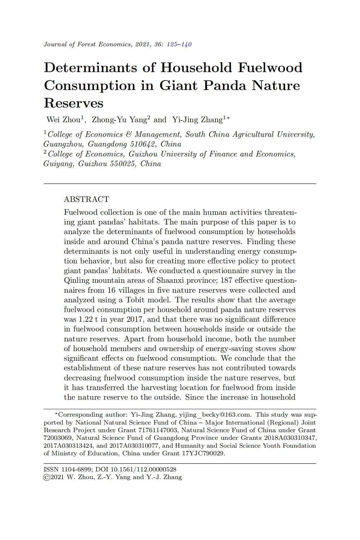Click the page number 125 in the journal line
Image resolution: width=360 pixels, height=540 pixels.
(x=172, y=44)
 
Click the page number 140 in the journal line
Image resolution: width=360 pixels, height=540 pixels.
(x=186, y=44)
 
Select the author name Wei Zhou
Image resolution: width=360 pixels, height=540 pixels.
(x=63, y=120)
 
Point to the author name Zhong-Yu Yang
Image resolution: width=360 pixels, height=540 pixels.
(x=119, y=120)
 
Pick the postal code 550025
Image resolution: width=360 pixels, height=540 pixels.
(x=123, y=164)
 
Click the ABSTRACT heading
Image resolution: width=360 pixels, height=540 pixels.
(x=86, y=199)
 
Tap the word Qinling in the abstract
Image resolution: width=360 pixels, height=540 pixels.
(x=77, y=280)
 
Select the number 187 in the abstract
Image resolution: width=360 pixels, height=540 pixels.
(x=226, y=280)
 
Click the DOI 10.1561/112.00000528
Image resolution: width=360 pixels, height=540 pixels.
(x=143, y=469)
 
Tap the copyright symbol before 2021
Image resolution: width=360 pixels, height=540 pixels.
(x=46, y=477)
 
